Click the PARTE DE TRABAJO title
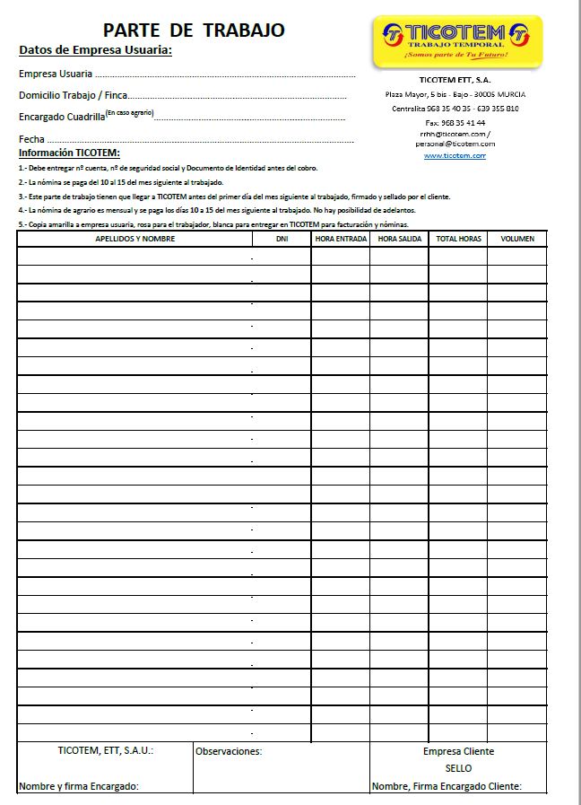pyautogui.click(x=194, y=31)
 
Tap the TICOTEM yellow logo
pyautogui.click(x=456, y=41)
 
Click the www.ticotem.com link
pyautogui.click(x=455, y=155)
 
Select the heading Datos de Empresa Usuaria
pyautogui.click(x=95, y=49)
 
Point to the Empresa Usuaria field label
pyautogui.click(x=55, y=74)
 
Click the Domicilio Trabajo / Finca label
pyautogui.click(x=74, y=95)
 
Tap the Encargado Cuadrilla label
pyautogui.click(x=62, y=117)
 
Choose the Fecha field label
pyautogui.click(x=31, y=139)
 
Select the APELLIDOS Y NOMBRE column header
pyautogui.click(x=134, y=239)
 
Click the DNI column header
pyautogui.click(x=282, y=239)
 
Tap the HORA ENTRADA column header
pyautogui.click(x=341, y=239)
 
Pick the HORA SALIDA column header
pyautogui.click(x=399, y=239)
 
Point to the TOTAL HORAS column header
pyautogui.click(x=458, y=239)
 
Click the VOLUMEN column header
pyautogui.click(x=517, y=239)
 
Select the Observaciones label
pyautogui.click(x=229, y=751)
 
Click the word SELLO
pyautogui.click(x=458, y=768)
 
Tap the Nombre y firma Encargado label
pyautogui.click(x=79, y=786)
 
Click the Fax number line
pyautogui.click(x=455, y=123)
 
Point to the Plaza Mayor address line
pyautogui.click(x=455, y=94)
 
